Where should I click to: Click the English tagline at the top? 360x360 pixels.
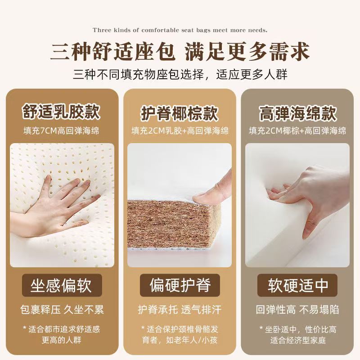180,30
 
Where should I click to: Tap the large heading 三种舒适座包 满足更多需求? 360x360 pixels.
180,52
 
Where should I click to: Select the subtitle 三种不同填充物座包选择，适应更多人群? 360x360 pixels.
180,74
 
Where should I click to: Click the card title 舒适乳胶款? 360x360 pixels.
61,112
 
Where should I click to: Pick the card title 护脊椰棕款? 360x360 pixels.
180,113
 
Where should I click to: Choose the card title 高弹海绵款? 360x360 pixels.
297,113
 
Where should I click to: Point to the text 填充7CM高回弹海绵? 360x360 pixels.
61,131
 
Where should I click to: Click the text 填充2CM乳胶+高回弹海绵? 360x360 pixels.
180,131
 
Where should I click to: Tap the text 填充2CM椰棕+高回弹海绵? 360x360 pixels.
297,131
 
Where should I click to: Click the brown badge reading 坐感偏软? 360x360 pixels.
62,285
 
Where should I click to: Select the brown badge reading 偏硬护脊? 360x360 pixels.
180,285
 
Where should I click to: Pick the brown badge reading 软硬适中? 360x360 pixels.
297,285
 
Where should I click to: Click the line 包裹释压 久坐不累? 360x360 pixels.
62,310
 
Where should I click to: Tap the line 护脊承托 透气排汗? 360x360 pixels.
180,310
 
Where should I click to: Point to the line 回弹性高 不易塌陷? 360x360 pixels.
297,310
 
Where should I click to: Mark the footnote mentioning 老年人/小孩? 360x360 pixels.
180,335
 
